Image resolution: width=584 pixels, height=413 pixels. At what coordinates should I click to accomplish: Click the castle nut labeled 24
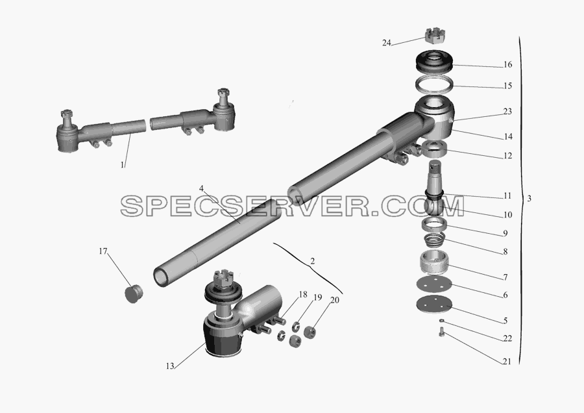(x=436, y=36)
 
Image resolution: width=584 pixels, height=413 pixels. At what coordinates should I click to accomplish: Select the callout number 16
(x=507, y=64)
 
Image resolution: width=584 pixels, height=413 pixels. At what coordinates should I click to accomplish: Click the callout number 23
(x=507, y=112)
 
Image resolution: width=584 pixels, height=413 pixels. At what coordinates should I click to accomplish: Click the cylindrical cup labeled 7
(x=433, y=263)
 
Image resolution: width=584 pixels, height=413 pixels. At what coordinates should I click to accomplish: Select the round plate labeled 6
(x=434, y=285)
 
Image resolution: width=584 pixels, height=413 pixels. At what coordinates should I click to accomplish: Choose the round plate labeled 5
(x=434, y=303)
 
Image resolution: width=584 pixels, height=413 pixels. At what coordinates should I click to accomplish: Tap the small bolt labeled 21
(x=442, y=331)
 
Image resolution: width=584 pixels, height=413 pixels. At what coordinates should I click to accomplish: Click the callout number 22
(x=507, y=338)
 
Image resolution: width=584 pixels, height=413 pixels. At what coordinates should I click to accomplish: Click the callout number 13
(x=170, y=366)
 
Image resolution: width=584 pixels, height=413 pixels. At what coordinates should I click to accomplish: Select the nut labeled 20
(x=310, y=332)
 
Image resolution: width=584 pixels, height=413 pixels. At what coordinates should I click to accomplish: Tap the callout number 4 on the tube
(x=201, y=188)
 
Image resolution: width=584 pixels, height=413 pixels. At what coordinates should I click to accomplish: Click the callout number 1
(x=122, y=164)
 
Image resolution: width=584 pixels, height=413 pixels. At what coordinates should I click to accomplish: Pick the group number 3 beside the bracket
(x=529, y=199)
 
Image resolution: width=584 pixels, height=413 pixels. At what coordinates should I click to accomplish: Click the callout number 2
(x=312, y=261)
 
